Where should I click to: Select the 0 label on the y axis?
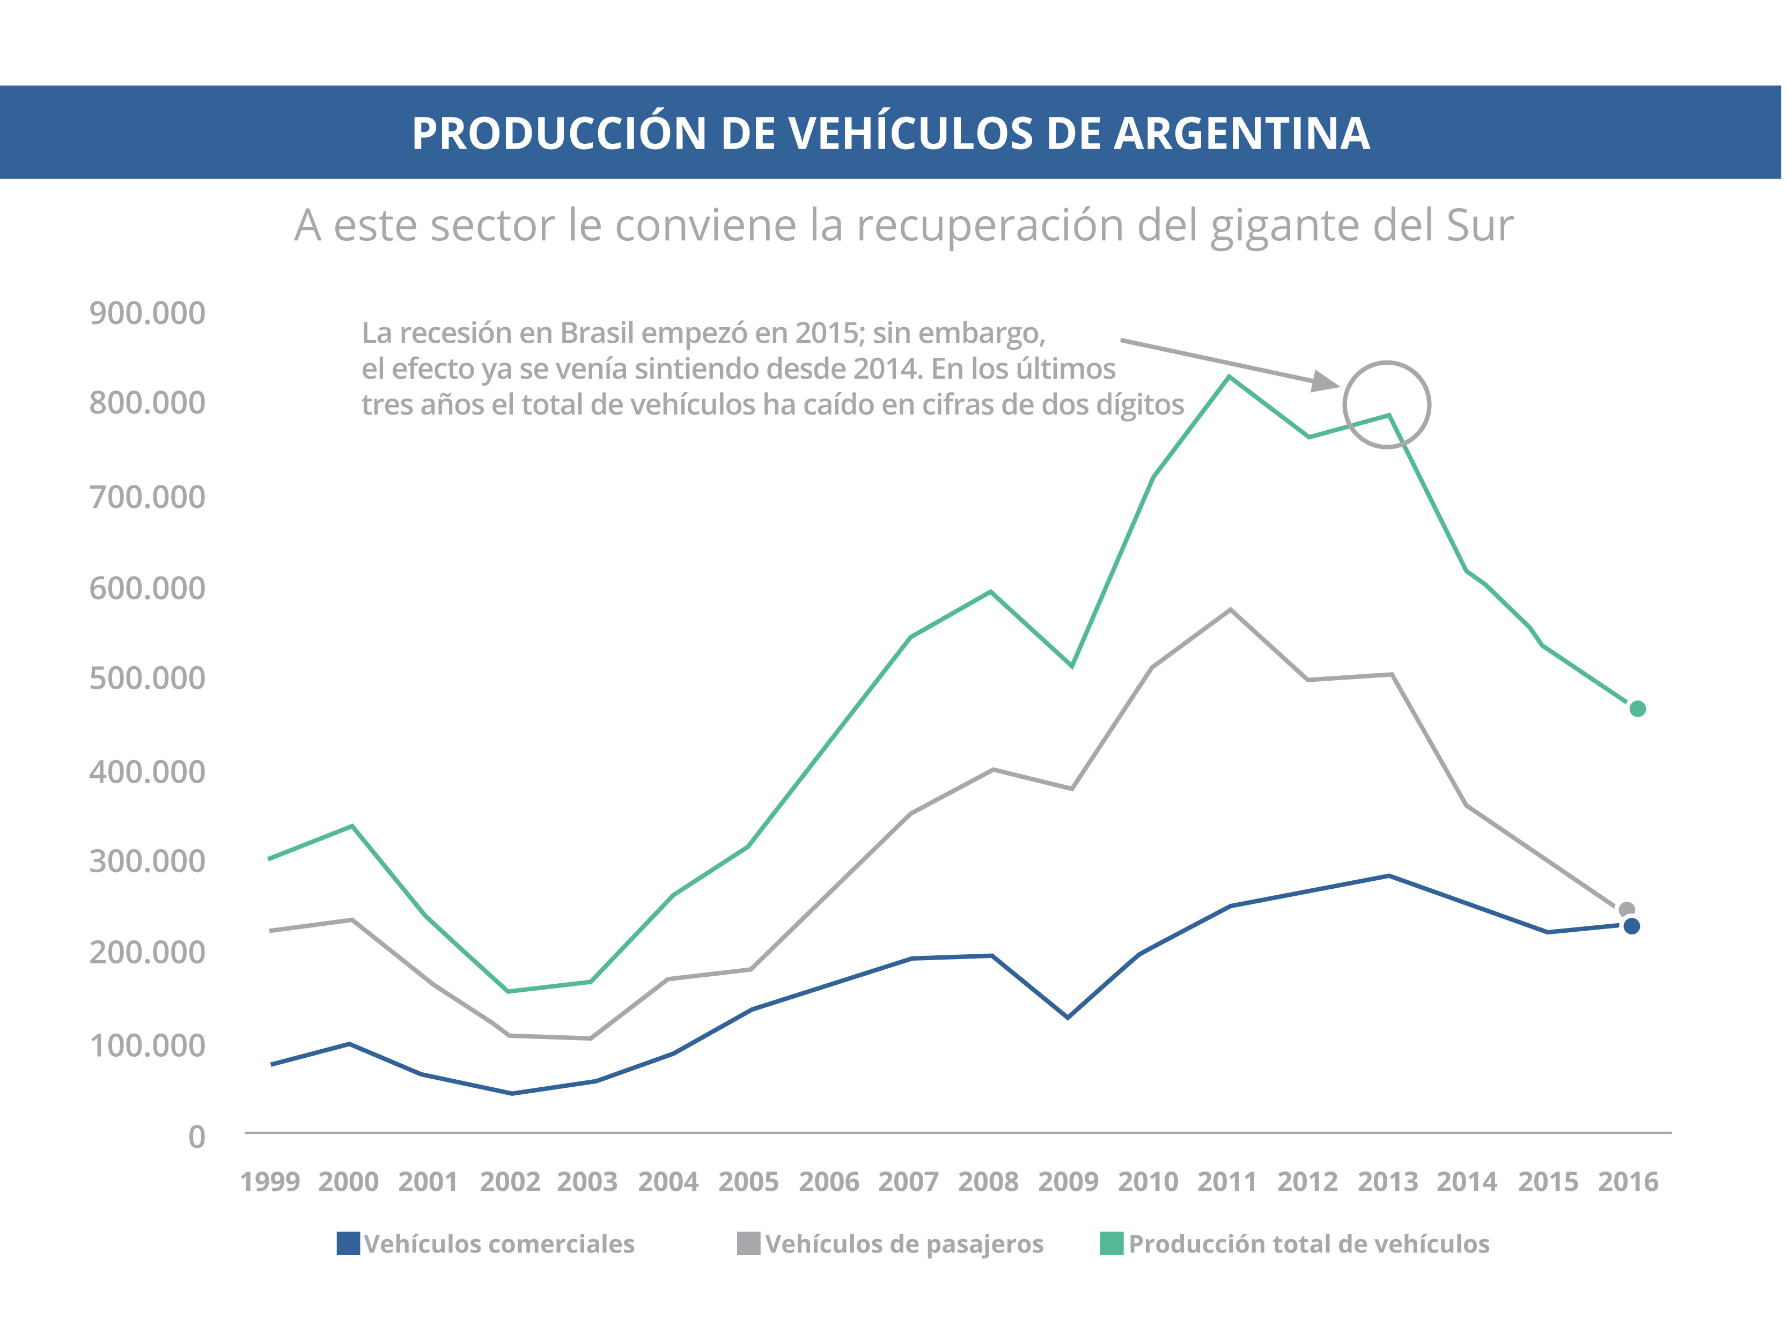[196, 1137]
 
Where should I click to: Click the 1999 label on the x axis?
[270, 1182]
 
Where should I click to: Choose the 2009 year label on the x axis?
[1068, 1182]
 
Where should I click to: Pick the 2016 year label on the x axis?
[1628, 1182]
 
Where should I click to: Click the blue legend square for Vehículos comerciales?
[348, 1243]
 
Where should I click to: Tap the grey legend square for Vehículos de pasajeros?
[748, 1243]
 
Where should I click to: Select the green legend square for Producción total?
[1112, 1243]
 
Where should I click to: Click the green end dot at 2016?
[1637, 709]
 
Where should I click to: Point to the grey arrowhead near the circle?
[1324, 381]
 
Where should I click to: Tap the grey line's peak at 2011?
[1230, 609]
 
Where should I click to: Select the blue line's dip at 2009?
[1068, 1017]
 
